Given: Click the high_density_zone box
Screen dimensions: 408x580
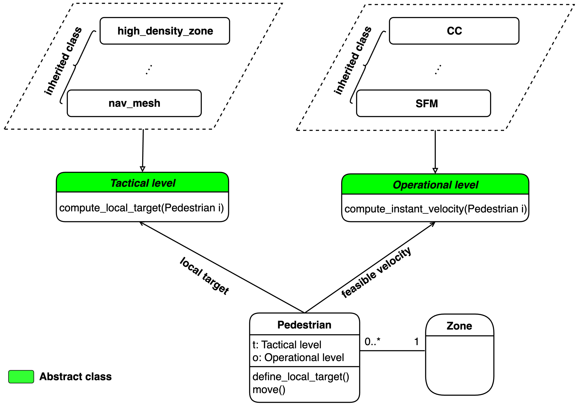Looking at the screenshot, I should tap(165, 31).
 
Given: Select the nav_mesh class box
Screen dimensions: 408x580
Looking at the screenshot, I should tap(134, 103).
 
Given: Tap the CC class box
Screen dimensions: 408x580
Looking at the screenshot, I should tap(454, 31).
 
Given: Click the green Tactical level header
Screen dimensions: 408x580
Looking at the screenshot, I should tap(143, 183).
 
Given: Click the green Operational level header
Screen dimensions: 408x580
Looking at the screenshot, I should tap(435, 185).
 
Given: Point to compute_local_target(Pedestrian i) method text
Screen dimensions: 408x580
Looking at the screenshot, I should tap(142, 208).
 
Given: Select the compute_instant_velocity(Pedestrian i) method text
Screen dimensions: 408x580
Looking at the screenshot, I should tap(435, 209).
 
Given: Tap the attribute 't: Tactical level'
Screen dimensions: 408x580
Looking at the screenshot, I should tap(287, 344).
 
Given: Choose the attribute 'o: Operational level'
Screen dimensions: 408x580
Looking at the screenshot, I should tap(298, 357).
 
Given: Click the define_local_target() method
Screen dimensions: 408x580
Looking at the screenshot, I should tap(301, 377).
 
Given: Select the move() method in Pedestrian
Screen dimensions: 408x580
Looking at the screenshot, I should tap(269, 389).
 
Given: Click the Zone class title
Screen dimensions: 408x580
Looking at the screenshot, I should tap(459, 326).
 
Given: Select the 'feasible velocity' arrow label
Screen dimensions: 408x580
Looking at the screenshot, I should tap(376, 273).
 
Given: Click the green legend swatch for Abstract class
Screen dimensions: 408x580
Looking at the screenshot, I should tap(21, 377).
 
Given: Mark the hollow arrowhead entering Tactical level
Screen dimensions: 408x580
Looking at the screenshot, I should tap(143, 169).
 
